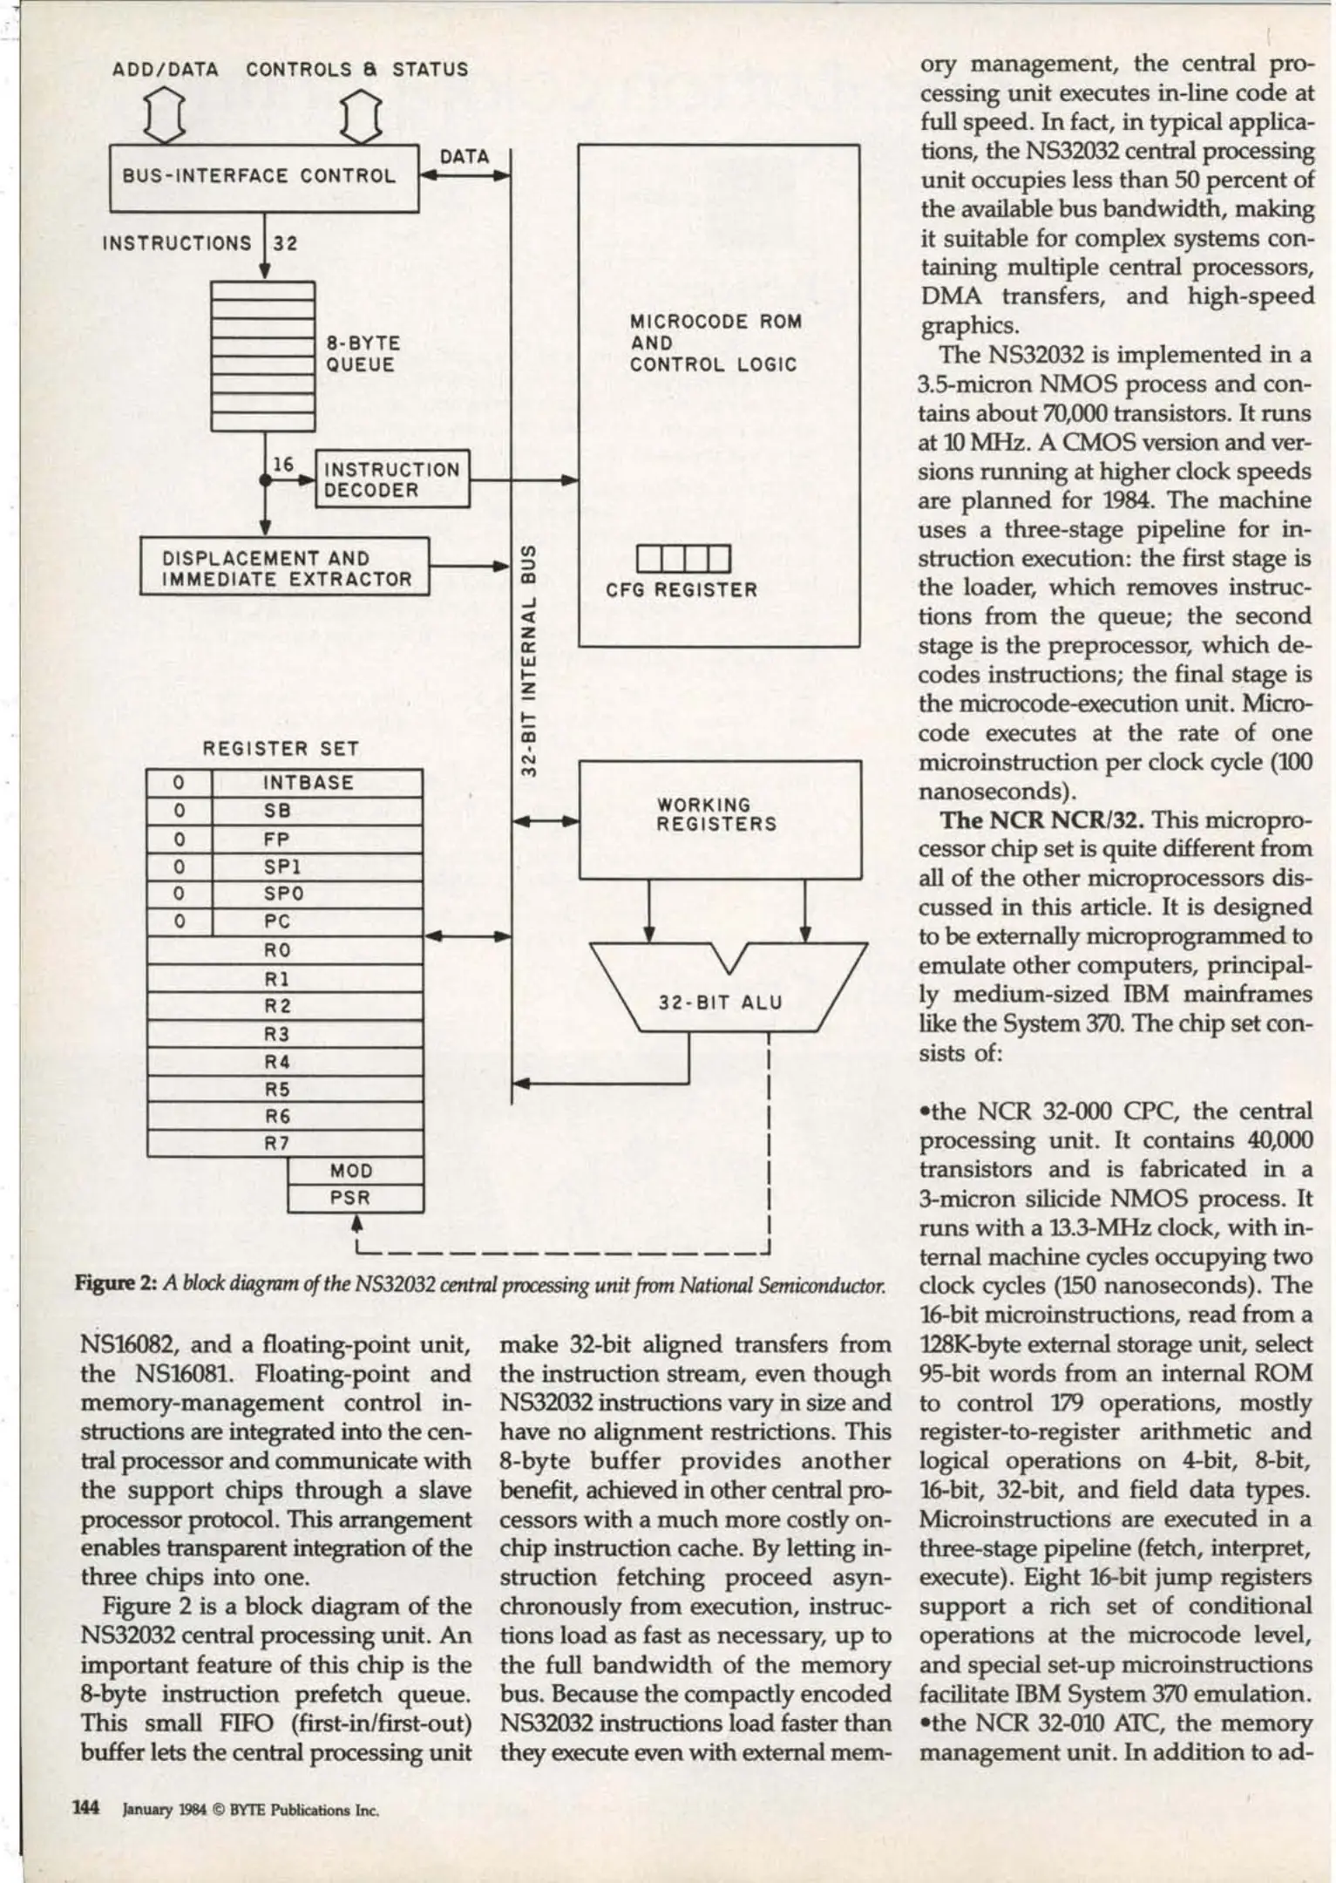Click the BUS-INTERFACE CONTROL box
tap(263, 177)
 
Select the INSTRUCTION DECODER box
tap(392, 479)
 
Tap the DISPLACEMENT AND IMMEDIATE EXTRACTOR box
tap(285, 568)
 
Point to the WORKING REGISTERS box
tap(719, 818)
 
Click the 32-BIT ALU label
tap(720, 1003)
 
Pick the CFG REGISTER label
tap(682, 590)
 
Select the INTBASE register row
tap(309, 783)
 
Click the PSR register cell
tap(351, 1199)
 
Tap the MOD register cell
tap(351, 1171)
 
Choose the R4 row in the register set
tap(277, 1062)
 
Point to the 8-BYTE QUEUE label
tap(363, 354)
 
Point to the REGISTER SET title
tap(280, 749)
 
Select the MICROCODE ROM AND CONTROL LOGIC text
tap(715, 343)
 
